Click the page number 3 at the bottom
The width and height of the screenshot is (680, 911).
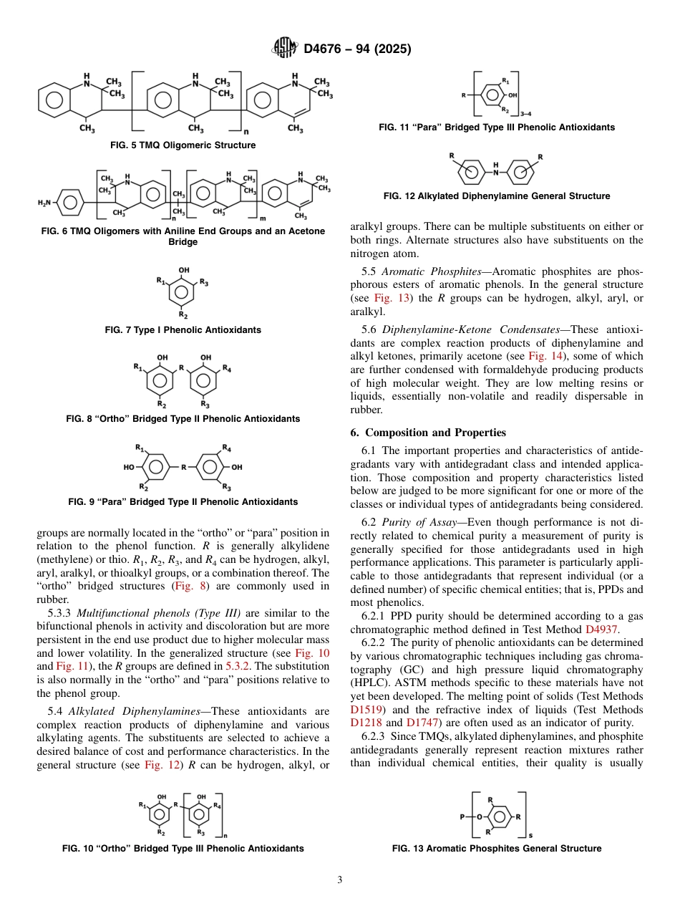(x=340, y=880)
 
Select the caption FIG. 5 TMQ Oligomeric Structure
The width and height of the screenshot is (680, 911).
(x=183, y=145)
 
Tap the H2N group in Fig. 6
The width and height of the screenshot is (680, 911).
(x=45, y=203)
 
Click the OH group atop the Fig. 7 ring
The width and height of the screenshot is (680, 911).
(x=184, y=271)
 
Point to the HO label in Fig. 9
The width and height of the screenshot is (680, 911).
(x=129, y=467)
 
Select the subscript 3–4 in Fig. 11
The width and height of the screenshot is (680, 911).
(x=526, y=114)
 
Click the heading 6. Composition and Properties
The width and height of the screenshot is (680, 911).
(x=428, y=433)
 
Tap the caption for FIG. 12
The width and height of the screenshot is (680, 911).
(x=497, y=196)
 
